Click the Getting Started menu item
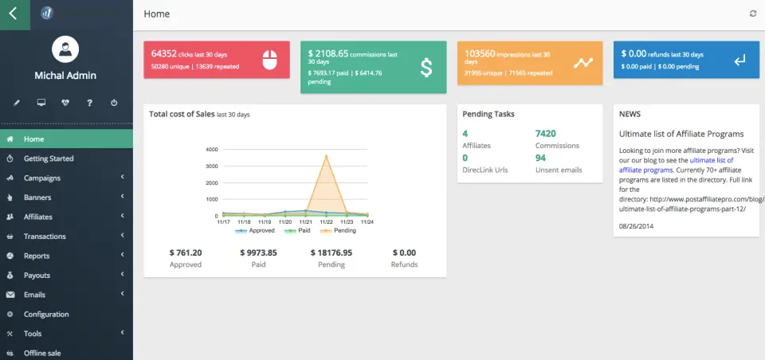[48, 158]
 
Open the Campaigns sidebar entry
[41, 178]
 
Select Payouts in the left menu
[37, 276]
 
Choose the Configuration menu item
[46, 315]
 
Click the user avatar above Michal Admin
[65, 49]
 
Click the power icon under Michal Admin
[114, 103]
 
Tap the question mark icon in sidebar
[90, 103]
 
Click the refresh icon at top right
[753, 14]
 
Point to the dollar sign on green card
[426, 68]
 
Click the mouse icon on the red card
[269, 61]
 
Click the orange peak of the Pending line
[325, 155]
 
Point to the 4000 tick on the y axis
[211, 149]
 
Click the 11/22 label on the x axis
[325, 222]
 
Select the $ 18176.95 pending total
[331, 252]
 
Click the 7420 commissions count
[546, 133]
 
